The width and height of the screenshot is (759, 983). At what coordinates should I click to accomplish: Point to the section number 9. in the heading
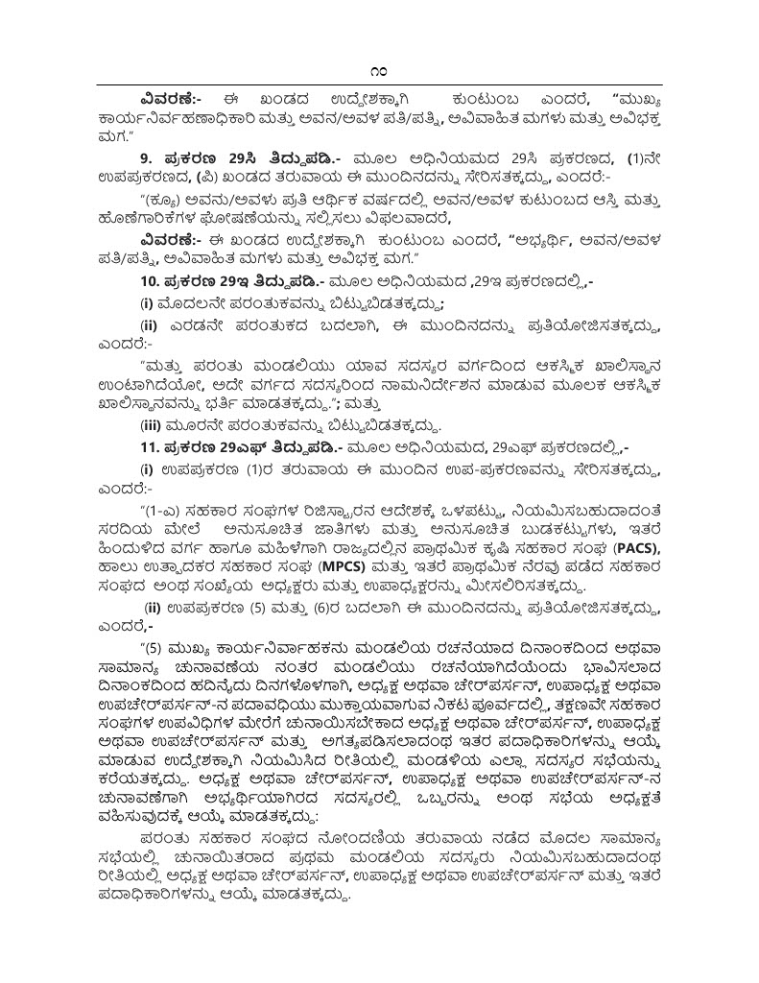(x=146, y=156)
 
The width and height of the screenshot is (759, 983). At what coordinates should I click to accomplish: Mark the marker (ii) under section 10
(x=151, y=326)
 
